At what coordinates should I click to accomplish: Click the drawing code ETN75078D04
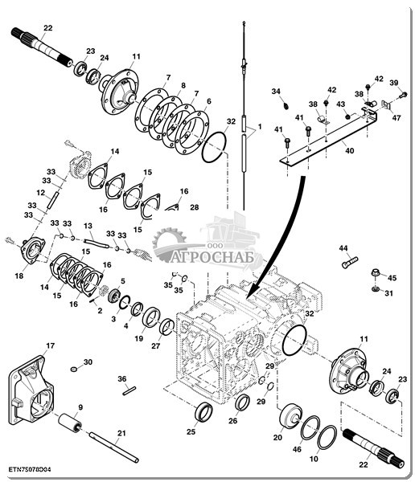click(30, 470)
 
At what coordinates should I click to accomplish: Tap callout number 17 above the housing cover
click(50, 345)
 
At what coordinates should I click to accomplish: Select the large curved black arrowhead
click(254, 292)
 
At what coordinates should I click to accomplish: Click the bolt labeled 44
click(350, 263)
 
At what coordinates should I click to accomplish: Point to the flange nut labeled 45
click(376, 272)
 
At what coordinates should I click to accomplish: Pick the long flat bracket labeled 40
click(328, 140)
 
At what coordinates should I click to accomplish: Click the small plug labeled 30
click(73, 369)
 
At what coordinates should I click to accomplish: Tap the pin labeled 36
click(129, 390)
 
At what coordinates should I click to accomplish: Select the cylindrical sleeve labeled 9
click(70, 423)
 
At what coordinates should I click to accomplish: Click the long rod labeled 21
click(113, 447)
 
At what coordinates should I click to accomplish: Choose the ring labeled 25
click(203, 412)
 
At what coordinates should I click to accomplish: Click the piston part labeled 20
click(290, 417)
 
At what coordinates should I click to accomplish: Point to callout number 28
click(195, 207)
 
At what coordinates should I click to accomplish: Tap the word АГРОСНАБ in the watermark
click(212, 257)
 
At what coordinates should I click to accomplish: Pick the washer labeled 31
click(375, 289)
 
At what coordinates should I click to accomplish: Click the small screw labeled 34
click(286, 106)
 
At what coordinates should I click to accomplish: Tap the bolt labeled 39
click(403, 95)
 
